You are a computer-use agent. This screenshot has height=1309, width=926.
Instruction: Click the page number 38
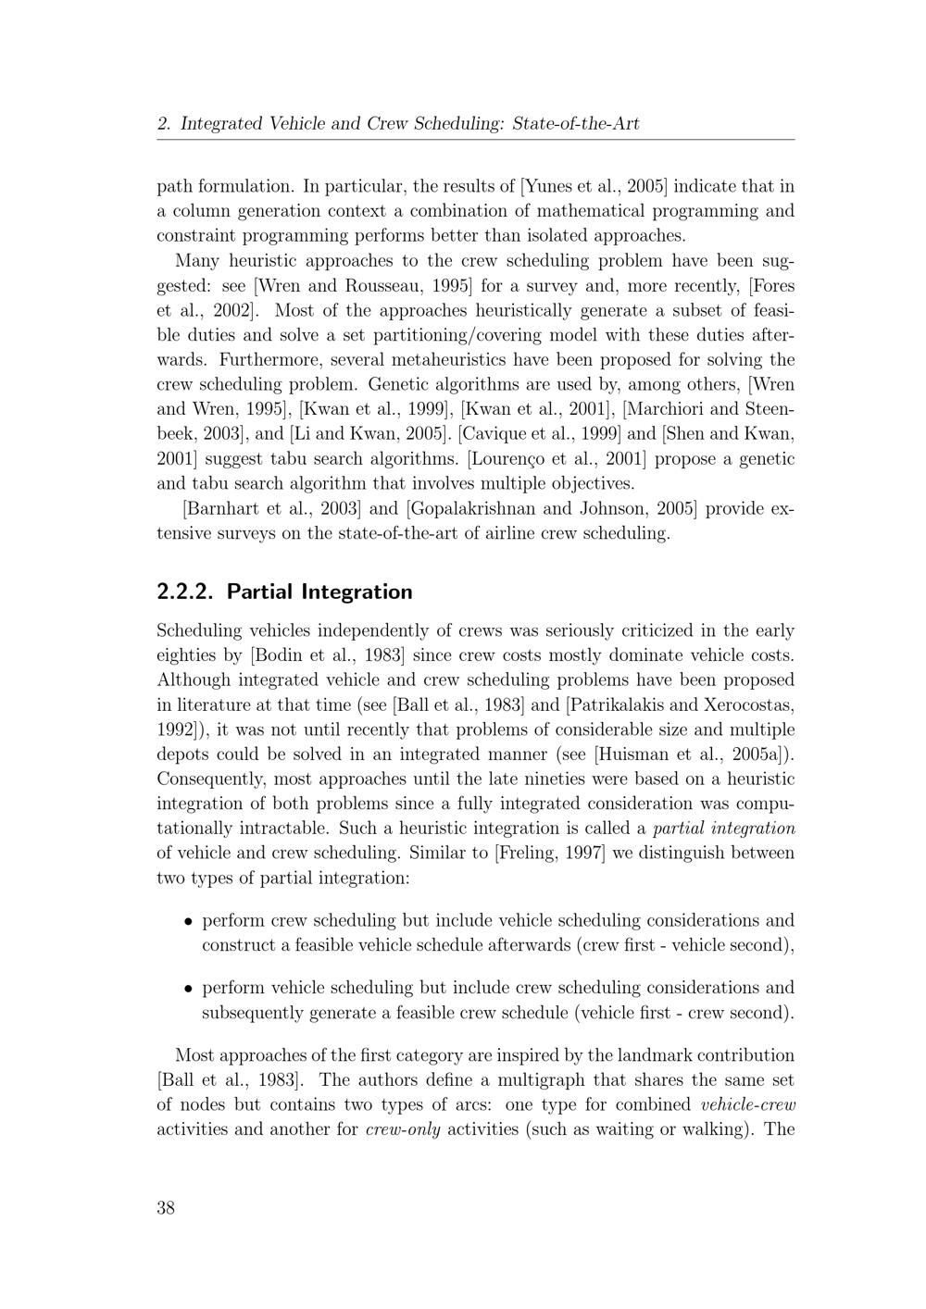point(166,1207)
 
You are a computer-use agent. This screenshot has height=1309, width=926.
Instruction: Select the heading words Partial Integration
point(319,592)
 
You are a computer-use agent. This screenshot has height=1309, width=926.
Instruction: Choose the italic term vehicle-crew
point(749,1104)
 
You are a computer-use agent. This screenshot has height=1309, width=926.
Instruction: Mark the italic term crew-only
point(403,1129)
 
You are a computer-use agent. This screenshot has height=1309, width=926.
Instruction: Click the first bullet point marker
point(188,922)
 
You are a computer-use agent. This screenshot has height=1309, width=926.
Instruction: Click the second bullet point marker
point(188,989)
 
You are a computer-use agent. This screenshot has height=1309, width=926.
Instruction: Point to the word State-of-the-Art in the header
point(575,123)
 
